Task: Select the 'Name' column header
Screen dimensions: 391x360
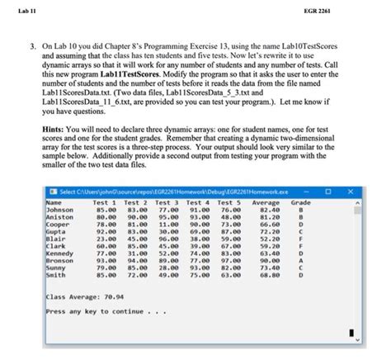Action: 54,202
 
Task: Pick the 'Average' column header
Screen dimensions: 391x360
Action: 266,202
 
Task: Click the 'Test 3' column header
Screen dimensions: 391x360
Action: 167,202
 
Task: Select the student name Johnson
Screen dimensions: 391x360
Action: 62,210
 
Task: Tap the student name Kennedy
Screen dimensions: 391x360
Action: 62,252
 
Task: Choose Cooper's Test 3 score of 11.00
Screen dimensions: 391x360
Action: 168,224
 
